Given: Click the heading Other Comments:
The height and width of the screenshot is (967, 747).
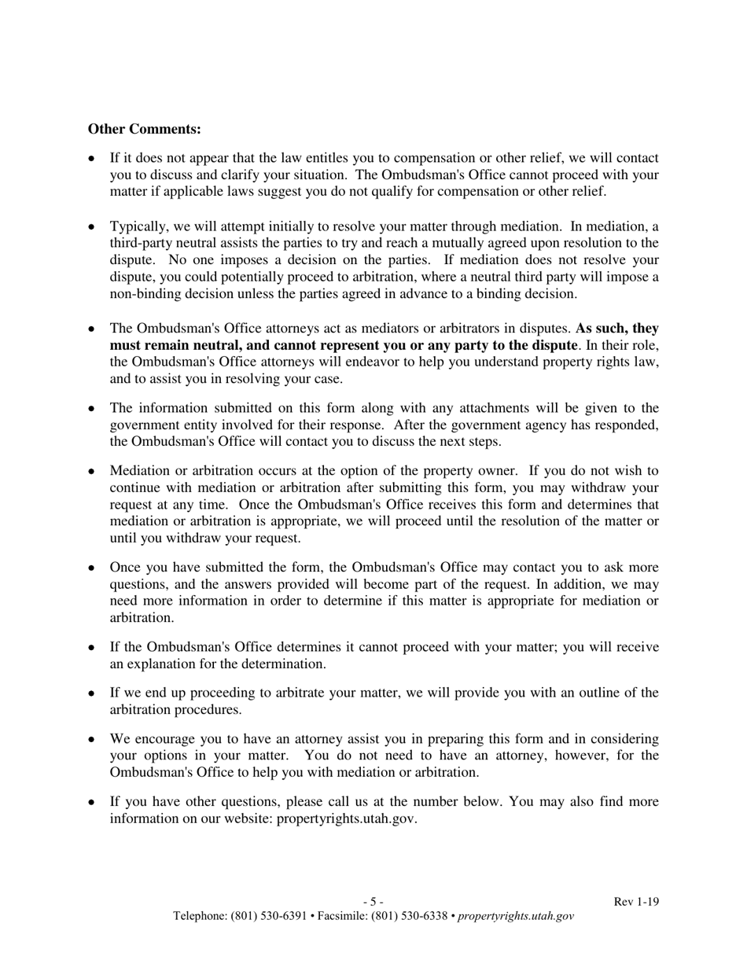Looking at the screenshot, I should (x=144, y=129).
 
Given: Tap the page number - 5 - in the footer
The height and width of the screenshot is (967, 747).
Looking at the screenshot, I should (x=373, y=902).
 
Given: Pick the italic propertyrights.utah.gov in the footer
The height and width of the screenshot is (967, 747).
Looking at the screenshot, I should (x=516, y=916).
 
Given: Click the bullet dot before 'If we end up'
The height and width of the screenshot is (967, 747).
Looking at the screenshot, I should (x=92, y=693).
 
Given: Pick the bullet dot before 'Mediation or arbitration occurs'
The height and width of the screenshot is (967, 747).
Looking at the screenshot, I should (x=92, y=472).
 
